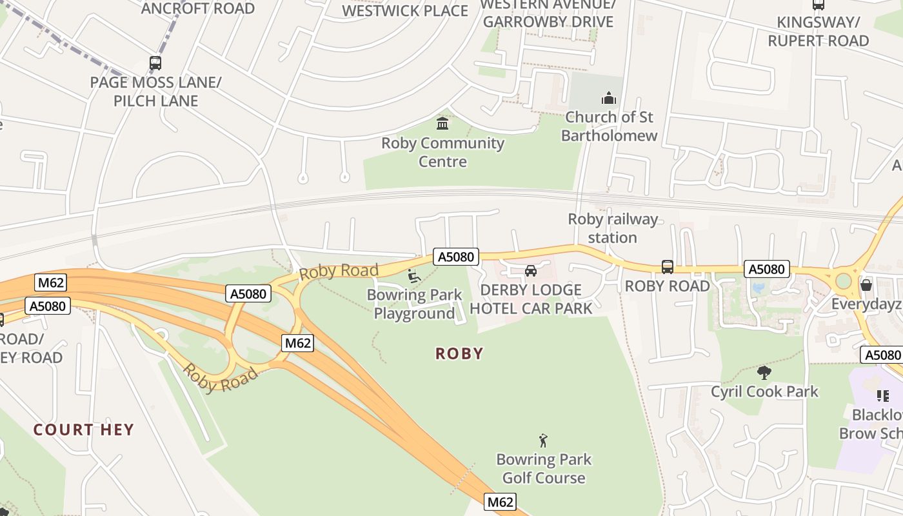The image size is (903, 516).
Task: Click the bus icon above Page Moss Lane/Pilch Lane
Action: [155, 63]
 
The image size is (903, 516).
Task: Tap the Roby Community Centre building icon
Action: [442, 123]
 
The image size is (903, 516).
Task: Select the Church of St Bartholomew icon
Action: [608, 99]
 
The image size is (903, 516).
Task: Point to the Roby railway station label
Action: [612, 228]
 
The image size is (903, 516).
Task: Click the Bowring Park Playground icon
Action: [414, 276]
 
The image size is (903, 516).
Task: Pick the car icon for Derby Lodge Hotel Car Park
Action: [531, 271]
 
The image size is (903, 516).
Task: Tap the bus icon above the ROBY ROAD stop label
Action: [668, 267]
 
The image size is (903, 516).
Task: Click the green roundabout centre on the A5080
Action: [844, 281]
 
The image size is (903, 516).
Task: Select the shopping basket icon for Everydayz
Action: [866, 284]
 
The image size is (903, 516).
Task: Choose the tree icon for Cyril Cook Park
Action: [764, 372]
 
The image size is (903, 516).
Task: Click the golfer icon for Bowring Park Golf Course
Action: [543, 441]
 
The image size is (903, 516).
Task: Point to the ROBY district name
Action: [459, 353]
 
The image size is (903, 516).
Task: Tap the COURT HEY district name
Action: [84, 430]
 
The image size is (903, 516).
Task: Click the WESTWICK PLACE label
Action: [405, 10]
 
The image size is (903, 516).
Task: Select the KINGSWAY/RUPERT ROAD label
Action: [818, 32]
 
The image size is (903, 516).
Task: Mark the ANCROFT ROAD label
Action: [198, 8]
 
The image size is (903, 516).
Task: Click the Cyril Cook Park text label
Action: [764, 392]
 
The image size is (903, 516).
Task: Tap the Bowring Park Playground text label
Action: [415, 304]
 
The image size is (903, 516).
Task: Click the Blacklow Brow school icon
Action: [882, 396]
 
